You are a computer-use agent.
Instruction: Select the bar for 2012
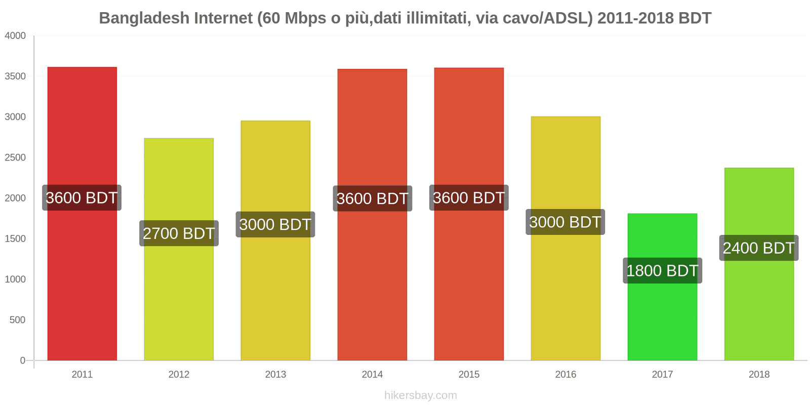coord(179,304)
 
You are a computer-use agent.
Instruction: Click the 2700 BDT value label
coord(179,233)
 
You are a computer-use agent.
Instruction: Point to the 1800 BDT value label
coord(662,271)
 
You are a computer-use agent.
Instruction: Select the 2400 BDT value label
coord(759,248)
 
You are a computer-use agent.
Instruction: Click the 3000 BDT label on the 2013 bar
coord(275,224)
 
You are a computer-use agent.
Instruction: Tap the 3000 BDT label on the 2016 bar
coord(565,222)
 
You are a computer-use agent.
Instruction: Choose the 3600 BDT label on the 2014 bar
coord(372,198)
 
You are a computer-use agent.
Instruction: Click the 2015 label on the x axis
coord(469,375)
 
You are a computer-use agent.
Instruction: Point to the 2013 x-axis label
coord(275,375)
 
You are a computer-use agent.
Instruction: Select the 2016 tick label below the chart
coord(565,375)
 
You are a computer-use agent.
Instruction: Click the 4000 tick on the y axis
coord(15,36)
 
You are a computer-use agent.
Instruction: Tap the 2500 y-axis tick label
coord(15,157)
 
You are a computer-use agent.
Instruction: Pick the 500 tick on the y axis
coord(17,320)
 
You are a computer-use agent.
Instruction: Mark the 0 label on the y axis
coord(22,360)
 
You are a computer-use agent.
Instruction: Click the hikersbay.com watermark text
coord(420,395)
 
